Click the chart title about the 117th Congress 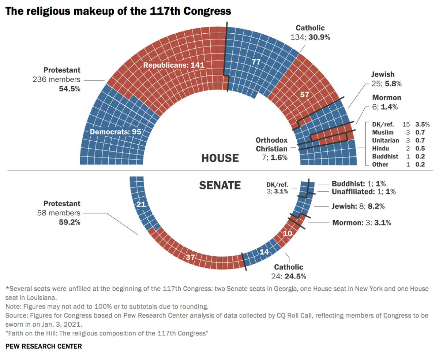click(118, 11)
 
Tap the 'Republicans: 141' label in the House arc click(169, 65)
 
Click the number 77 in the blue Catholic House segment click(256, 62)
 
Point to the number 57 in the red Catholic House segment click(304, 94)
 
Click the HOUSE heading click(220, 158)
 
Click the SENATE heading click(220, 185)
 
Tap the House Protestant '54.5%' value click(70, 89)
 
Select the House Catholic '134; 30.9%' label click(310, 37)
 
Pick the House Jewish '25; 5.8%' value click(387, 83)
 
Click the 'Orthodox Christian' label click(271, 145)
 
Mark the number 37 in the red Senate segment click(190, 257)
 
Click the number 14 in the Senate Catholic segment click(264, 252)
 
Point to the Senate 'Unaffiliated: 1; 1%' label click(363, 192)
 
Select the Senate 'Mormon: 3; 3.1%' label click(361, 222)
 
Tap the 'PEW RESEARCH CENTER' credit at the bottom click(44, 346)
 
